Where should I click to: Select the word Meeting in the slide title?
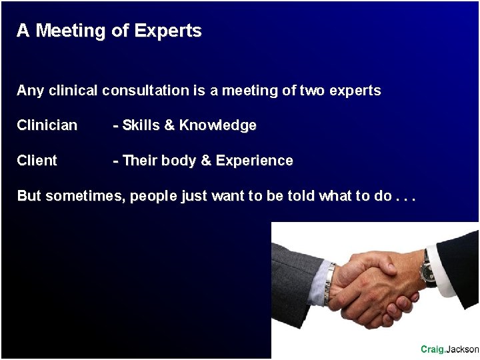tap(70, 31)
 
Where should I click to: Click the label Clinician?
tap(47, 125)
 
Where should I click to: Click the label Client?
tap(37, 161)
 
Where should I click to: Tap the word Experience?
tap(254, 161)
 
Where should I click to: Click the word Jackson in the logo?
tap(462, 349)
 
